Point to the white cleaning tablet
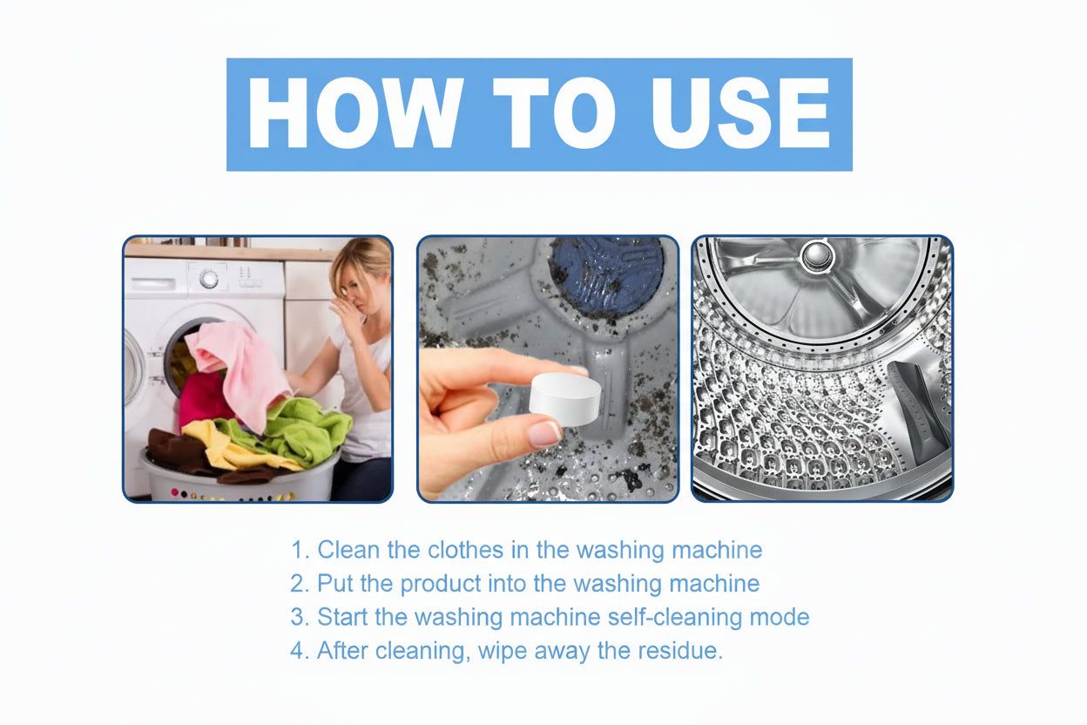(x=566, y=396)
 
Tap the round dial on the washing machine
(x=209, y=278)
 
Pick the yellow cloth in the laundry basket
(x=218, y=440)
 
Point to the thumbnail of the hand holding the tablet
(x=548, y=369)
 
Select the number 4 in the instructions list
(x=299, y=650)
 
